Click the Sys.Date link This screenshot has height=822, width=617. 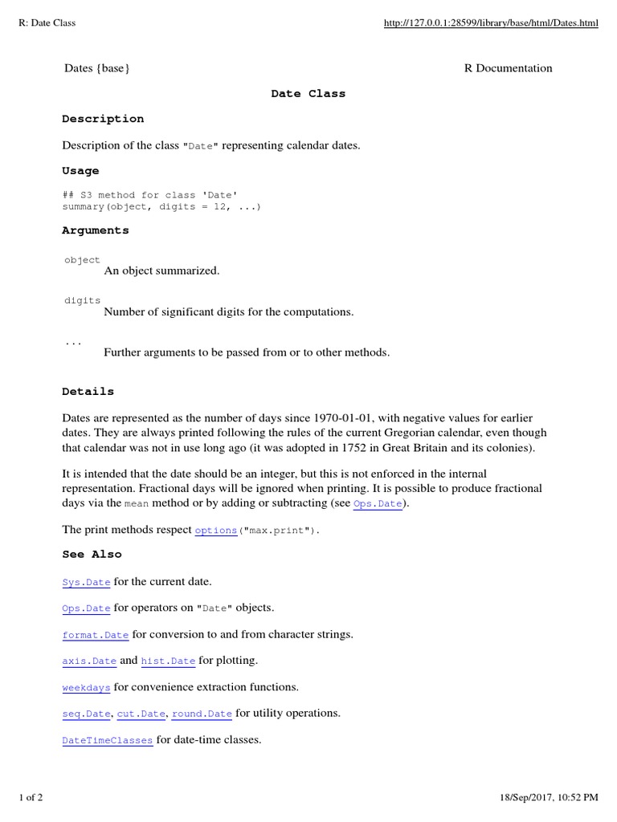click(x=86, y=582)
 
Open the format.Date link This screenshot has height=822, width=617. click(x=96, y=635)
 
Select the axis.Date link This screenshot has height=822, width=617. click(x=89, y=661)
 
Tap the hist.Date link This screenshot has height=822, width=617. click(x=168, y=661)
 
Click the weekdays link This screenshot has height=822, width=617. click(x=86, y=688)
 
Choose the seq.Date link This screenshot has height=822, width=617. click(x=86, y=714)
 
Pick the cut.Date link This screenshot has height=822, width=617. click(x=141, y=714)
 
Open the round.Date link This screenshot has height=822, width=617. click(x=202, y=714)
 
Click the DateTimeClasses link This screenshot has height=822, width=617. click(x=108, y=740)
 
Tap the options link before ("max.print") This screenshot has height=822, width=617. click(x=216, y=531)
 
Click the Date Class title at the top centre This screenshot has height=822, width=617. click(x=308, y=94)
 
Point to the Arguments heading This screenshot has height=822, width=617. click(x=96, y=230)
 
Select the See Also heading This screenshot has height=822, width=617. click(x=92, y=554)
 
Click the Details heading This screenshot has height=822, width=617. click(x=88, y=392)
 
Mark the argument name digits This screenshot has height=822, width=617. click(x=83, y=300)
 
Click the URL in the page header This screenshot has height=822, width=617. click(x=491, y=23)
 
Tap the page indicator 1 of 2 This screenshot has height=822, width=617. click(x=31, y=797)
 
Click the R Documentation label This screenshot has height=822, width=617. click(x=509, y=68)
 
